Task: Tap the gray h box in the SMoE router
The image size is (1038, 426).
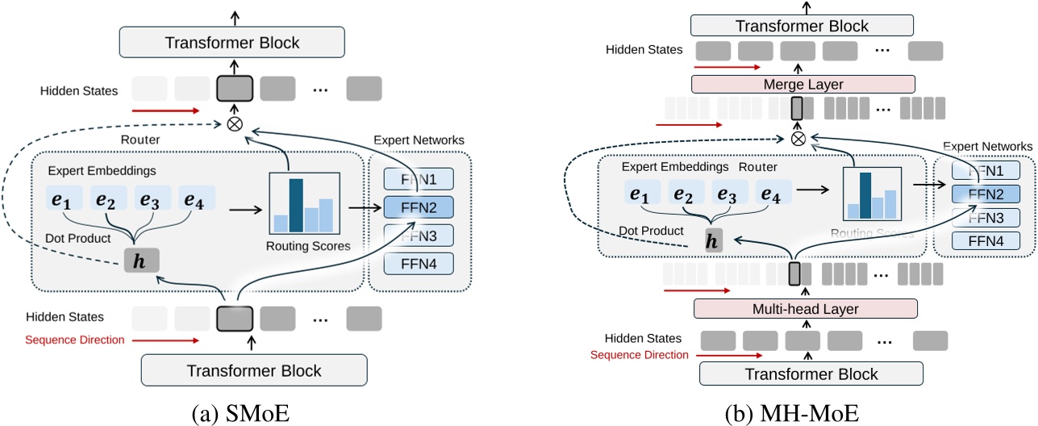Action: coord(142,260)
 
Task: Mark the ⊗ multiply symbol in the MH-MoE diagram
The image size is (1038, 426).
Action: coord(798,138)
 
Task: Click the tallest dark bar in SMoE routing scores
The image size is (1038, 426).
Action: coord(295,205)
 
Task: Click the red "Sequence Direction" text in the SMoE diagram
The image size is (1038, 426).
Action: coord(75,340)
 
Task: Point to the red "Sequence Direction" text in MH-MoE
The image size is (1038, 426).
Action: coord(640,355)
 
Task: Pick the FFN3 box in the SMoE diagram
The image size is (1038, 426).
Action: coord(419,235)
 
